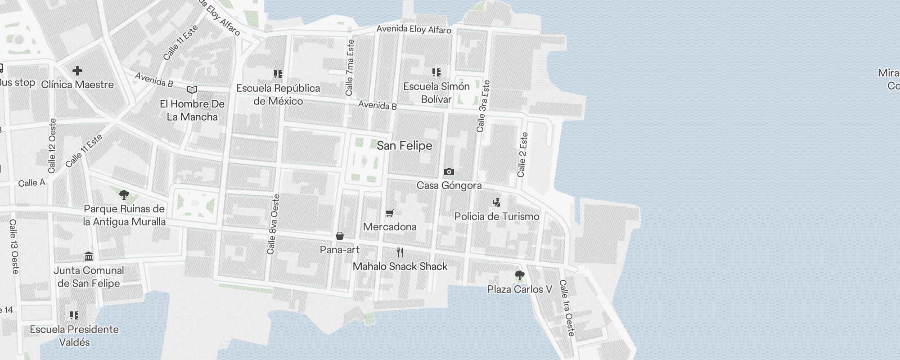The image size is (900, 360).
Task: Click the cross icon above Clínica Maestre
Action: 77,71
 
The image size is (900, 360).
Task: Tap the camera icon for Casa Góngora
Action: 449,171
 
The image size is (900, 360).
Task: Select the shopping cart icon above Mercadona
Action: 390,213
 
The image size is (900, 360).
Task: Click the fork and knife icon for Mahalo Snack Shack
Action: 400,252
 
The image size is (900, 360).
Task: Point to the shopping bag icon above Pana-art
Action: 340,236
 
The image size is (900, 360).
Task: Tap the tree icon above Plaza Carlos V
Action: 519,275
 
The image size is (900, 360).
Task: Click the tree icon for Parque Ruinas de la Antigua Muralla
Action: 124,195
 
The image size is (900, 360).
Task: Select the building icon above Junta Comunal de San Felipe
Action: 89,256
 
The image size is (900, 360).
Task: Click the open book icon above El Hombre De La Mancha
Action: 192,90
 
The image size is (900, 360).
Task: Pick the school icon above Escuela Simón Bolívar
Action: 436,72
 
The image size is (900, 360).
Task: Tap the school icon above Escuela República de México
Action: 278,74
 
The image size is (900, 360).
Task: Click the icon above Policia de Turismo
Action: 496,202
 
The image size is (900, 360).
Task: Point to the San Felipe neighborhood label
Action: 404,146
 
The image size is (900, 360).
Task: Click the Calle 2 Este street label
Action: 522,154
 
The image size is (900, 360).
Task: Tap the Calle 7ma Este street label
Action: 350,67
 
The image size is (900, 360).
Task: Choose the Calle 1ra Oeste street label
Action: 567,308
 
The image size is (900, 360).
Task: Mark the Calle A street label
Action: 31,183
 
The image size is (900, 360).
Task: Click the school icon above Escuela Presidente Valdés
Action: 74,315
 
